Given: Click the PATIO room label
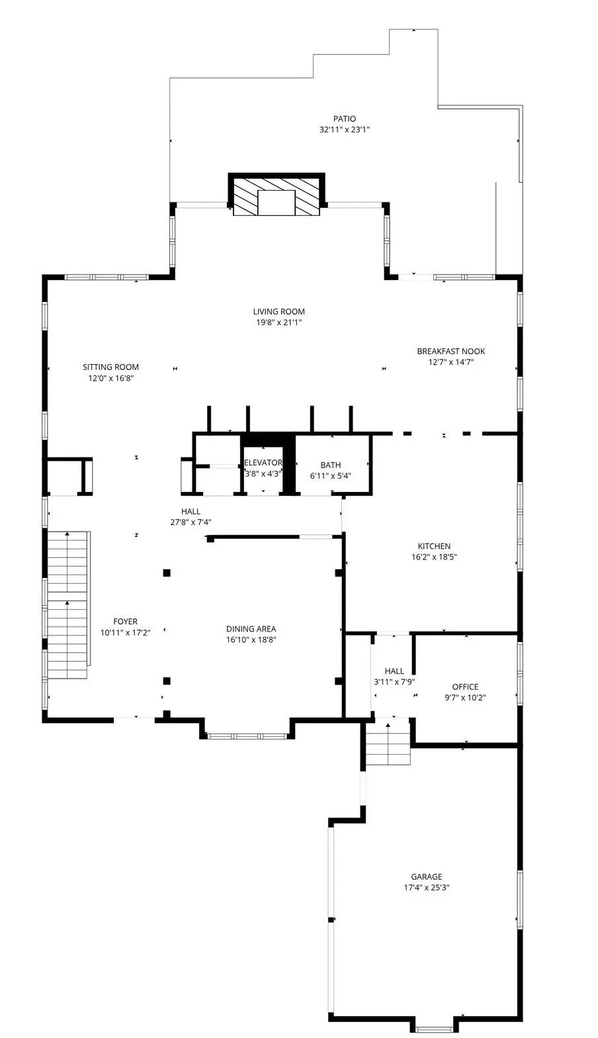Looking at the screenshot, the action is coord(344,119).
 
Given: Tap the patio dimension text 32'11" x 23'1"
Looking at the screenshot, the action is coord(344,130).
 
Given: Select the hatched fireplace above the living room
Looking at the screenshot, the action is coord(277,195).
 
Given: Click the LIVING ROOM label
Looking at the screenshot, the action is coord(278,312).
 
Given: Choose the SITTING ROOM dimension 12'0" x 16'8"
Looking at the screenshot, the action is coord(110,378).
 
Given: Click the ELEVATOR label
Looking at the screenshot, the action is coord(263,463).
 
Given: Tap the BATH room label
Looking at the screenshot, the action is coord(330,465).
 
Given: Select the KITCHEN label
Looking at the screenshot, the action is coord(434,546).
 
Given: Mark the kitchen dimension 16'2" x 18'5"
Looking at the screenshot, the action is coord(434,557).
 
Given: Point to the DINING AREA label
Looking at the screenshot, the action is coord(251,629).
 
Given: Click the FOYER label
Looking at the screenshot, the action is coord(125,622).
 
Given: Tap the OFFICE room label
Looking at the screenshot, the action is coord(465,687).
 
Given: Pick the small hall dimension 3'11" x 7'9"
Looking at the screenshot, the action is coord(394,683).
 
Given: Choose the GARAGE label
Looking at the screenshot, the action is coord(427,876).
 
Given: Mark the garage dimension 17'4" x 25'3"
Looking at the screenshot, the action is coord(427,888).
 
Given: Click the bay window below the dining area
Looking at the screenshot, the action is coord(245,735).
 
